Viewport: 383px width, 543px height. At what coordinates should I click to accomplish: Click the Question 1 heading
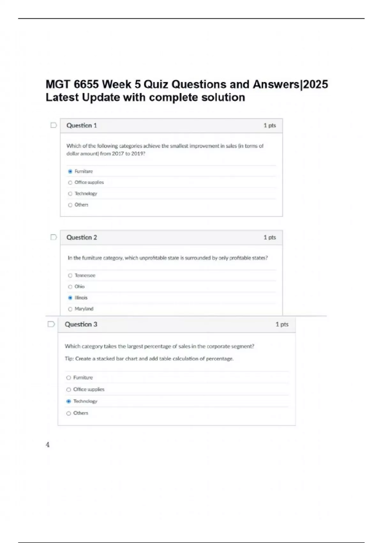tap(81, 126)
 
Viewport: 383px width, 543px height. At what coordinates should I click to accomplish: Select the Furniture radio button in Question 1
tap(70, 172)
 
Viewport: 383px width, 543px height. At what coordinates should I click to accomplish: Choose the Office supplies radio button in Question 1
tap(70, 183)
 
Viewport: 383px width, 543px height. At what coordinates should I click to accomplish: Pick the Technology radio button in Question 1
tap(70, 194)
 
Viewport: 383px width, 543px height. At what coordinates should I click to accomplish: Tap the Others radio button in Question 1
tap(70, 205)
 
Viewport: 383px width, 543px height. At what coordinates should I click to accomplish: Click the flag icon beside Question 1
tap(54, 125)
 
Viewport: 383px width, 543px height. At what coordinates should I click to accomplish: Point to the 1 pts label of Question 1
tap(269, 126)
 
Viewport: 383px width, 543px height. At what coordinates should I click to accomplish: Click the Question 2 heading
tap(81, 237)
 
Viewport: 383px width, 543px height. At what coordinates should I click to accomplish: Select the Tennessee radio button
tap(70, 276)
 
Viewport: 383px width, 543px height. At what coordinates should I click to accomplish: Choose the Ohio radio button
tap(70, 287)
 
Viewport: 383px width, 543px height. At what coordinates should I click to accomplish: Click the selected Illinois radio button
tap(70, 298)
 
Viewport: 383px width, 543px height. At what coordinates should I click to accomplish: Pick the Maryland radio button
tap(70, 309)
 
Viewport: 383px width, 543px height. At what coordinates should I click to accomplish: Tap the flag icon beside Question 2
tap(54, 237)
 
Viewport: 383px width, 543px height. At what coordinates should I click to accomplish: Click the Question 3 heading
tap(81, 324)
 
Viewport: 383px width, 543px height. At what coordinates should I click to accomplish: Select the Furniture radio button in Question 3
tap(69, 378)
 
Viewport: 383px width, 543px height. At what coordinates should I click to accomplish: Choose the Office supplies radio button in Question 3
tap(69, 390)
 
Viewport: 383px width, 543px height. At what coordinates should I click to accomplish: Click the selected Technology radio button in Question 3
tap(69, 402)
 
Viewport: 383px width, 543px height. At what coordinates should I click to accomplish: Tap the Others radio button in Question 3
tap(69, 413)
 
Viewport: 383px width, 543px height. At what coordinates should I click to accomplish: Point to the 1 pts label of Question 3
tap(282, 324)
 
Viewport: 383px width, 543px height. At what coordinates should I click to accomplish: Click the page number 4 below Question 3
tap(48, 445)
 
